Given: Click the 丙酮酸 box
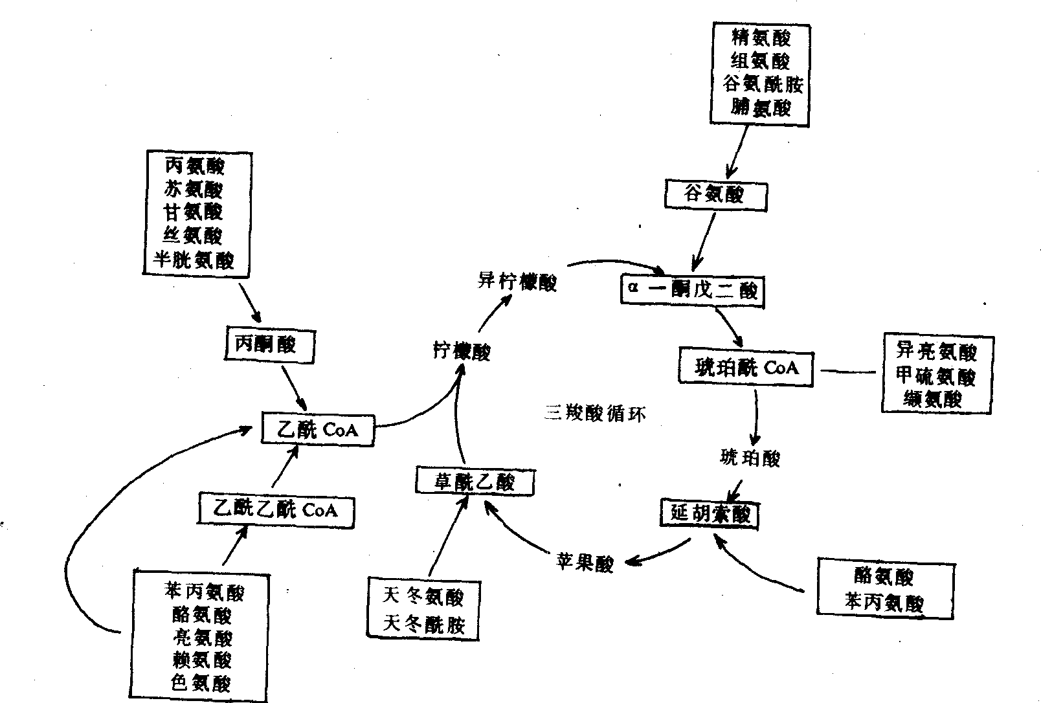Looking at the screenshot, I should point(269,345).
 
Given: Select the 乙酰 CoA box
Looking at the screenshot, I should point(318,429).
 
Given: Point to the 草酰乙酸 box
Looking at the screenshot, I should point(475,482).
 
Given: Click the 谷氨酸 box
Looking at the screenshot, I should point(715,194).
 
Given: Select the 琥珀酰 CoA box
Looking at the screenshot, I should point(746,368).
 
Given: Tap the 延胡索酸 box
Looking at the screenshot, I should point(710,515).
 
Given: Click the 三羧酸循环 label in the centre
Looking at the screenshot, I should point(594,414).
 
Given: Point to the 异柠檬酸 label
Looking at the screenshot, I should point(517,282).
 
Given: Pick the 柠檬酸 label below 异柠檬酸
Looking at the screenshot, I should point(462,351).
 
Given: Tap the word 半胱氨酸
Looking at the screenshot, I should point(194,260).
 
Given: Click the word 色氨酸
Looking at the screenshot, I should point(201,683).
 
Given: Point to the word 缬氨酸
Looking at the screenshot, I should point(933,399).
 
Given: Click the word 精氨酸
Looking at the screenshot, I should point(761,37).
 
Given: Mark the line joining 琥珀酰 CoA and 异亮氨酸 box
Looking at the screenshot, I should point(849,372).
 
